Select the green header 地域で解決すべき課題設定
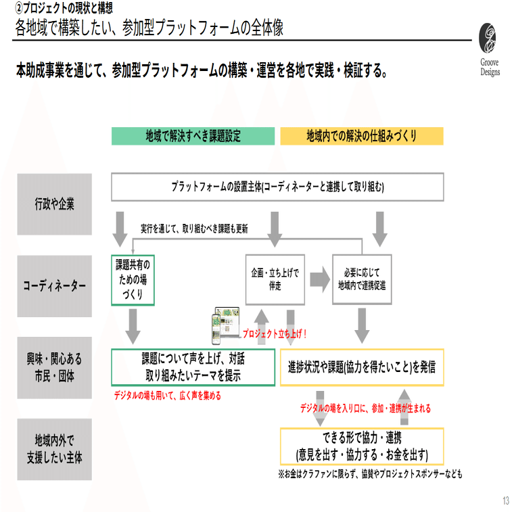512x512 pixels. coord(193,136)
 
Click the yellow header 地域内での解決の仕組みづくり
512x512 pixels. coord(362,136)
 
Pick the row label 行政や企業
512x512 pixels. coord(55,204)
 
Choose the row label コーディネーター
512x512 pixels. coord(55,286)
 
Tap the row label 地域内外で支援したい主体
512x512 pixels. coord(55,449)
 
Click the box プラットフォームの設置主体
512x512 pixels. coord(277,187)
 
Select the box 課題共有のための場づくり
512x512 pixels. coord(133,279)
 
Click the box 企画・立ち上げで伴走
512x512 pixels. coord(275,279)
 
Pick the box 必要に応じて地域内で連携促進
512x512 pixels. coord(362,279)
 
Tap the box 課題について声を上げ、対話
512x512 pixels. coord(193,367)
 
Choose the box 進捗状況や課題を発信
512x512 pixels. coord(362,367)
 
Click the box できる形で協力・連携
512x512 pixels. coord(362,446)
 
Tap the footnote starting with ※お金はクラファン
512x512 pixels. coord(370,474)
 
